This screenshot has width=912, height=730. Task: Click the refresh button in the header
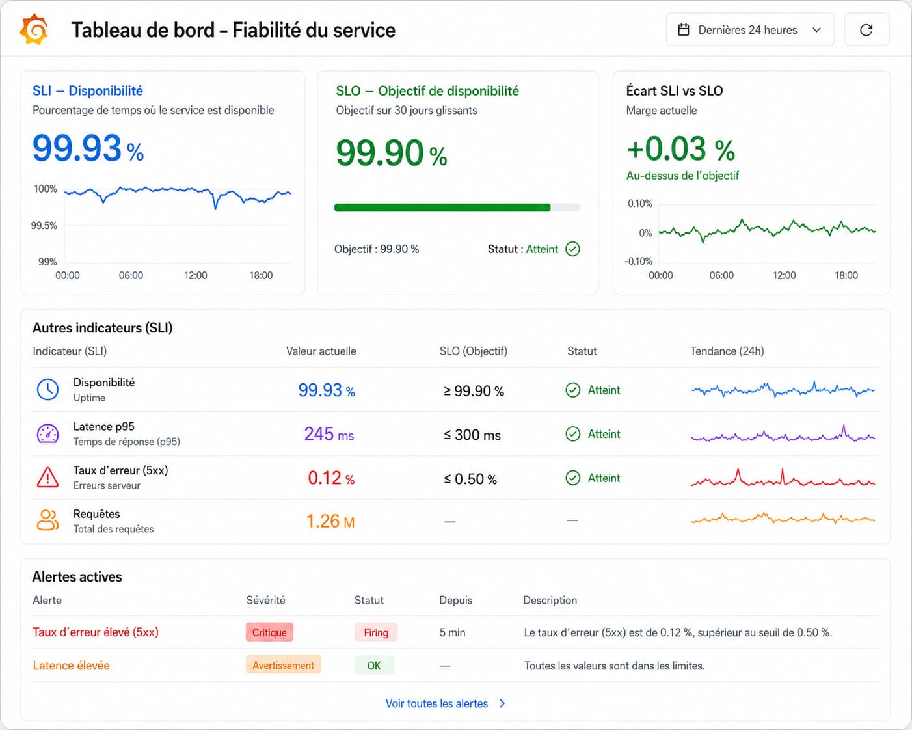coord(866,30)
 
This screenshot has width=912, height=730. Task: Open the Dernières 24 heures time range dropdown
coord(750,30)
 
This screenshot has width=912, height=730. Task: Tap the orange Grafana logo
coord(33,29)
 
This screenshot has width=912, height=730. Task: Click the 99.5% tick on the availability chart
coord(44,226)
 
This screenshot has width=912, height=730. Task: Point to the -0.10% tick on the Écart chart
coord(638,261)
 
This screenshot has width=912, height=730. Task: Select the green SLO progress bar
coord(442,208)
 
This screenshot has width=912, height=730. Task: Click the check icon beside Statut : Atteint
coord(572,249)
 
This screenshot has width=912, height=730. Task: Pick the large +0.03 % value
coord(680,149)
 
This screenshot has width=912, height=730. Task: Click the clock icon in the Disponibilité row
coord(47,390)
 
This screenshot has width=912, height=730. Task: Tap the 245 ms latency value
coord(329,434)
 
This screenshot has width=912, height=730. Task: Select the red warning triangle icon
coord(47,478)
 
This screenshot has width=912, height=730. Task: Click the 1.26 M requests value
coord(330,521)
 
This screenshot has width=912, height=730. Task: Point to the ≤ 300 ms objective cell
coord(472,435)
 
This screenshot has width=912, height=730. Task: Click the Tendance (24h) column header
coord(727,351)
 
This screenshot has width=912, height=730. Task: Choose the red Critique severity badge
coord(269,632)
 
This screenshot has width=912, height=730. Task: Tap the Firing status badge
coord(376,632)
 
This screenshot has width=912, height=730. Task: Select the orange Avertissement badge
coord(283,665)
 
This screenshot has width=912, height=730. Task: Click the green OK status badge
coord(374,665)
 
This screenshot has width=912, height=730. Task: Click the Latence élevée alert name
coord(71,665)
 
